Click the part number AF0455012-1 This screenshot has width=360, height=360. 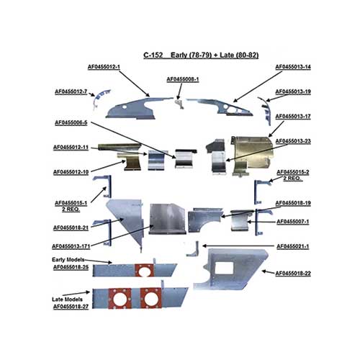point(104,67)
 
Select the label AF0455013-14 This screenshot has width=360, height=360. point(293,67)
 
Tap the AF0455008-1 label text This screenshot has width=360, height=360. point(183,79)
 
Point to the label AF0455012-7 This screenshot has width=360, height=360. point(71,92)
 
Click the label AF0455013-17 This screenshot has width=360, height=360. point(293,117)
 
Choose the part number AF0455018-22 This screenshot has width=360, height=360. point(293,274)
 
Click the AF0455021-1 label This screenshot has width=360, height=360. point(293,246)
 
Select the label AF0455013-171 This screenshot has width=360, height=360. point(71,246)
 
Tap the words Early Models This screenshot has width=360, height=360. point(68,260)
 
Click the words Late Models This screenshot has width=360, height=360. point(67,300)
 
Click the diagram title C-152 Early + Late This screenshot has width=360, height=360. point(201,55)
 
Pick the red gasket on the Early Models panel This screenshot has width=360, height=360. point(144,270)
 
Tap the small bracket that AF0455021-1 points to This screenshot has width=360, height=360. point(194,250)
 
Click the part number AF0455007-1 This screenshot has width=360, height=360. point(293,222)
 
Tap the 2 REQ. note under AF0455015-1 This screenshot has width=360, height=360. point(71,210)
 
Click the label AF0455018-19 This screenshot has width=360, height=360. point(293,203)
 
